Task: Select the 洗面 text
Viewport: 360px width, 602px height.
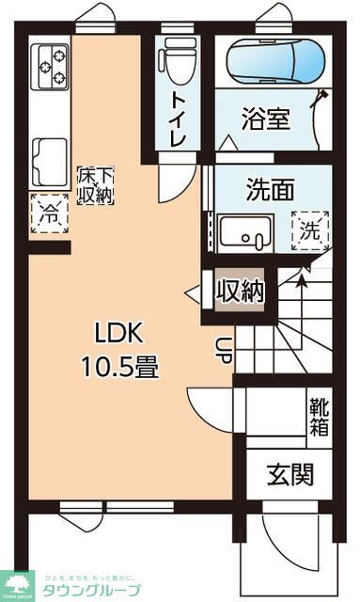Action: click(270, 189)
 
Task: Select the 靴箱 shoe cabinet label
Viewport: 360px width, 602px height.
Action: click(319, 417)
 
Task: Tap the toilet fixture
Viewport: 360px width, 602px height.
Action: click(177, 61)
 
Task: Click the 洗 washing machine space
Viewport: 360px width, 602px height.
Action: click(308, 229)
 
